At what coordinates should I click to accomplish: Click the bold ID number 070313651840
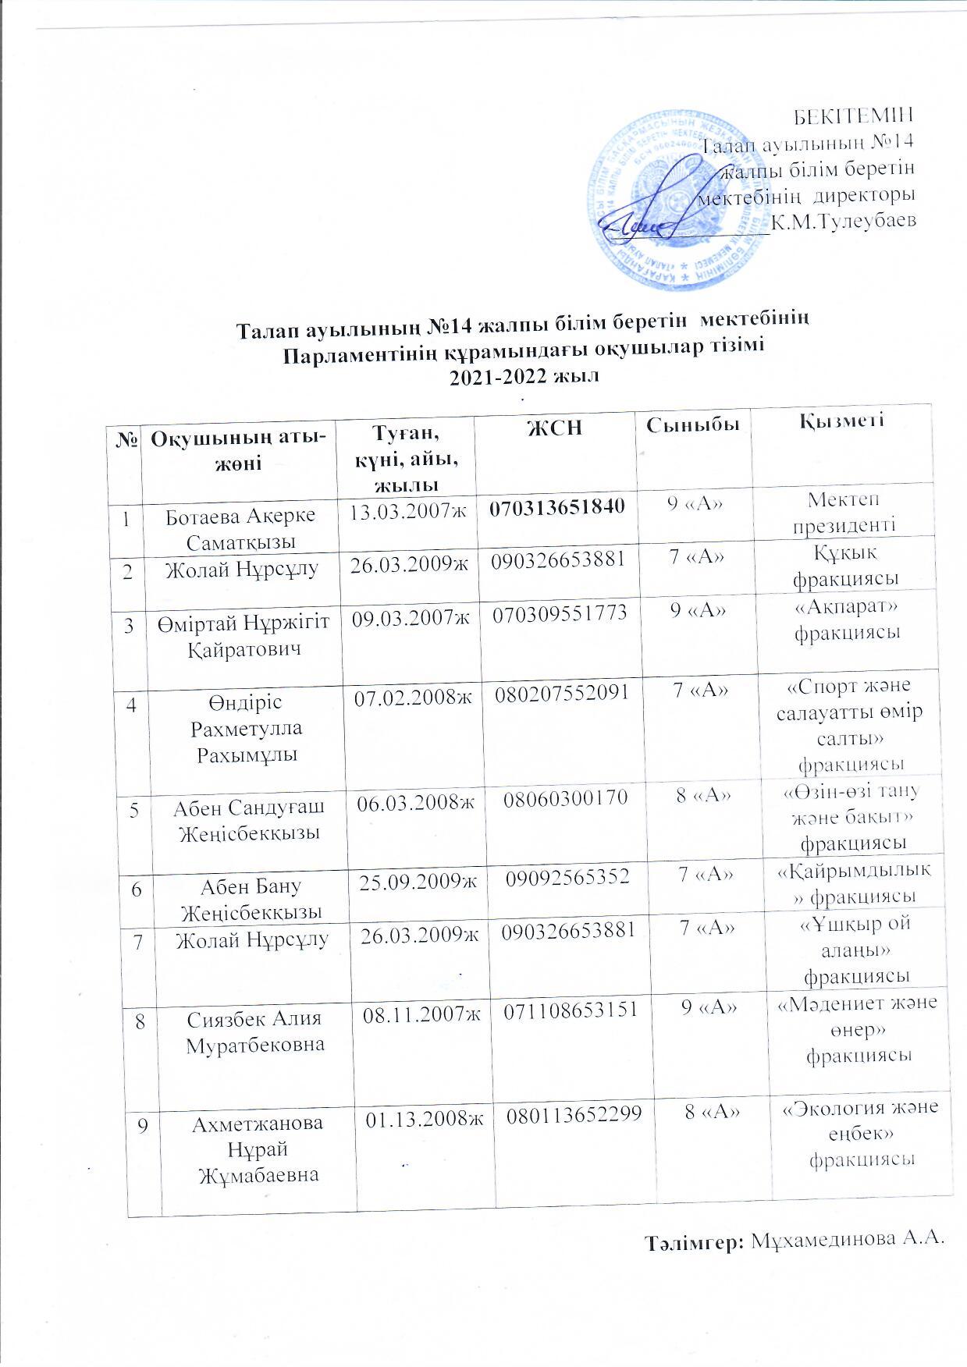pos(557,506)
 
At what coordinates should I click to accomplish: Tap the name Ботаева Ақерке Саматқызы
pos(240,527)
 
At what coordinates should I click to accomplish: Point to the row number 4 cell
pos(134,704)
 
